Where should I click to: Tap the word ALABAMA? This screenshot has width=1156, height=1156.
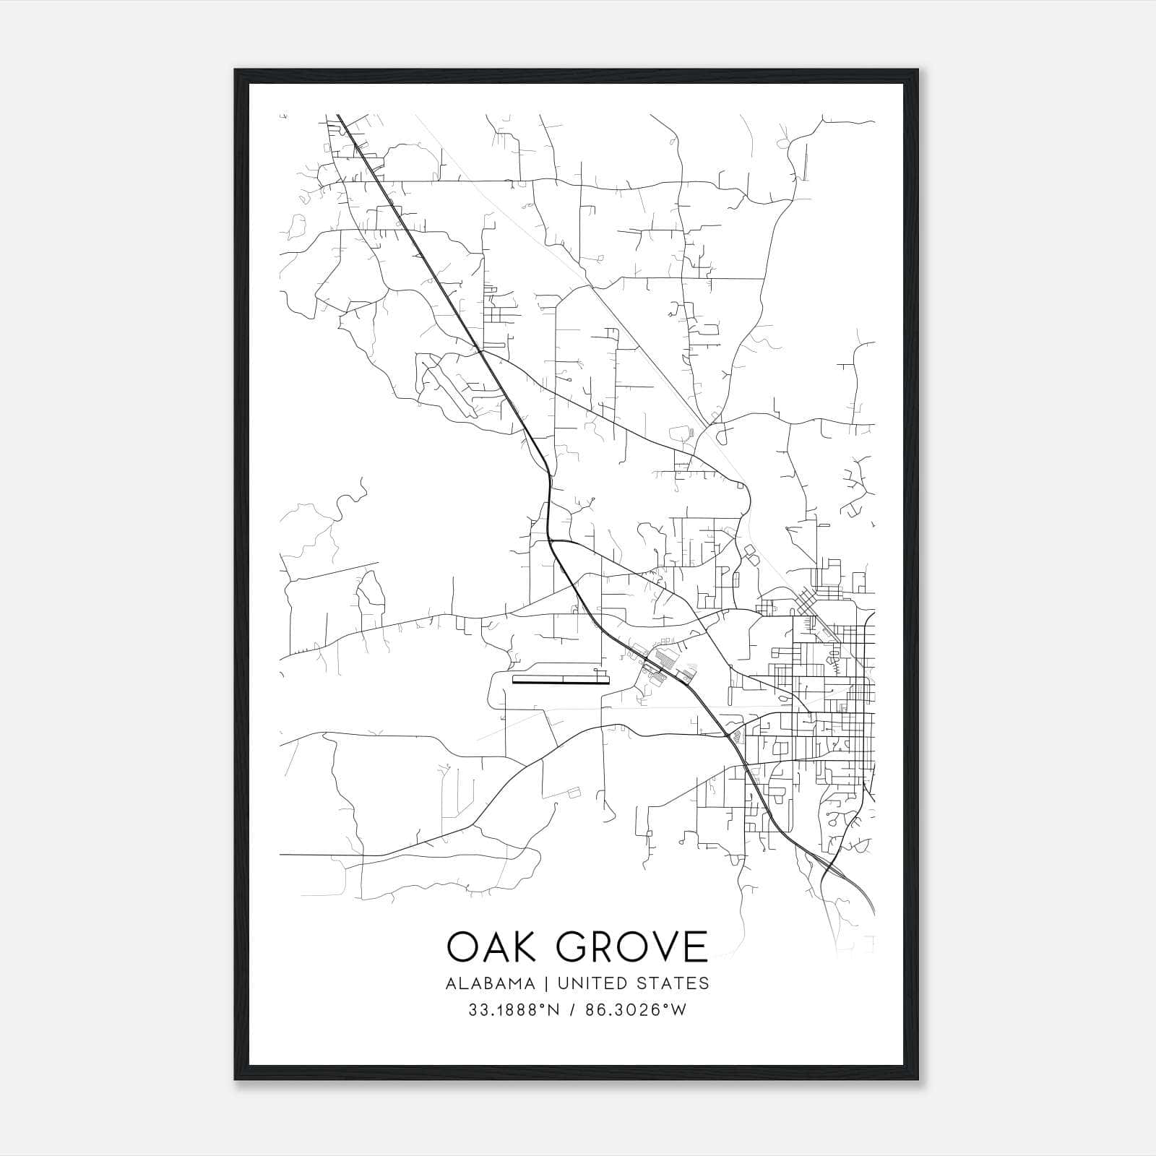(491, 983)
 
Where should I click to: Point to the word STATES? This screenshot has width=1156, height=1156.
(674, 983)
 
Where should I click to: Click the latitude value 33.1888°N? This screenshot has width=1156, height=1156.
(514, 1010)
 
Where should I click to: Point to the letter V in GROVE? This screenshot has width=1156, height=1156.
(663, 946)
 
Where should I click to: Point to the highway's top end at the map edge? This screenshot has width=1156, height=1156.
(338, 116)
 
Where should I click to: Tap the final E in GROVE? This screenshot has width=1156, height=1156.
(695, 946)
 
